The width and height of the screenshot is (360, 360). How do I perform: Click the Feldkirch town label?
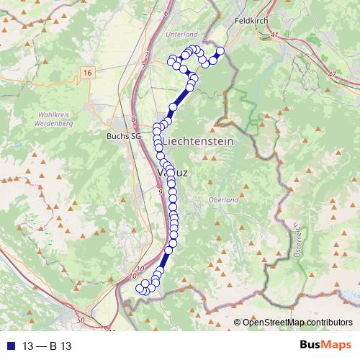[251, 22]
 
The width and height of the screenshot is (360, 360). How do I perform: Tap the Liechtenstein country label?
[199, 142]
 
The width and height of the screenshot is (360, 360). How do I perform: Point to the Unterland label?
[181, 35]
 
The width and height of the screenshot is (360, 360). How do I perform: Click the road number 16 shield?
[88, 73]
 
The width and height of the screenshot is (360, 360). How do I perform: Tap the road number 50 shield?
[80, 319]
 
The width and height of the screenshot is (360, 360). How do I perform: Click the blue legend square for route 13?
[9, 346]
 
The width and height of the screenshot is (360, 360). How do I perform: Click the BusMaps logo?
[325, 345]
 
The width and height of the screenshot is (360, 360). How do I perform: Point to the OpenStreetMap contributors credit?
[297, 323]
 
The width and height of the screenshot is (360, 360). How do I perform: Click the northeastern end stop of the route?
[220, 50]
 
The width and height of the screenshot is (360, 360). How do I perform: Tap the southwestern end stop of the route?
[140, 288]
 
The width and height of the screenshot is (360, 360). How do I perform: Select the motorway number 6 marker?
[166, 13]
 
